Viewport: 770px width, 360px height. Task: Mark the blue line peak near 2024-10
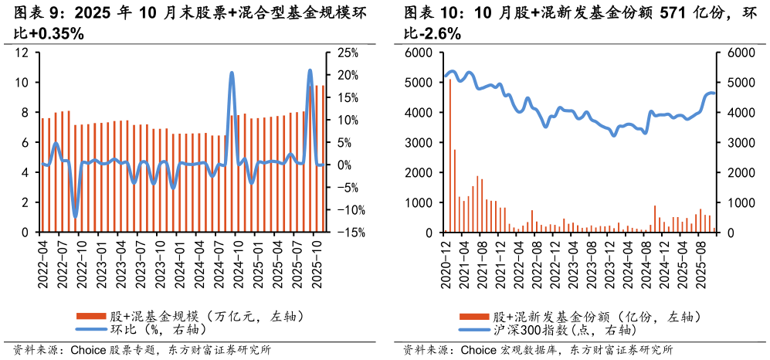[232, 73]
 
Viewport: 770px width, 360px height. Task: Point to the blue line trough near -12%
[75, 216]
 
